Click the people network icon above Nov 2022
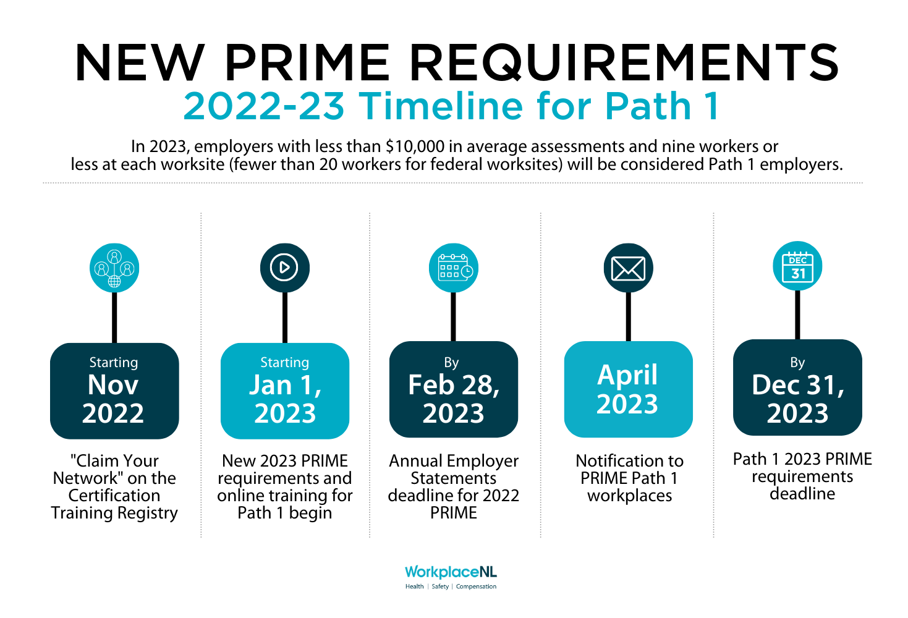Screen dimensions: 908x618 (114, 268)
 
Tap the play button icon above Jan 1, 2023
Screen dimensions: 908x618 (284, 268)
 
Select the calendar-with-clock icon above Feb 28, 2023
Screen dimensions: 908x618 (454, 268)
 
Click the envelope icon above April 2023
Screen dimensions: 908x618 (628, 268)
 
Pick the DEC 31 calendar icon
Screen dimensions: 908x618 (797, 266)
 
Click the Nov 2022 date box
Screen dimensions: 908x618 (114, 391)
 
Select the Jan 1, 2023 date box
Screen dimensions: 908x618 (285, 391)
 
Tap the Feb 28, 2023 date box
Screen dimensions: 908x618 (454, 389)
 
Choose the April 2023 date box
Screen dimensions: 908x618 (628, 389)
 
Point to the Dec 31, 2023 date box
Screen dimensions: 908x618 (797, 388)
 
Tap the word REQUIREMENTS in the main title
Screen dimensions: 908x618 (625, 63)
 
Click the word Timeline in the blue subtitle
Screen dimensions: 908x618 (441, 106)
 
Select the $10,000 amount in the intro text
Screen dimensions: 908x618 (415, 146)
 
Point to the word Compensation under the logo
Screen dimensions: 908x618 (476, 586)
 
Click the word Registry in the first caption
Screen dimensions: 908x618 (148, 514)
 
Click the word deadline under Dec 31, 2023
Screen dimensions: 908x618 (802, 494)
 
